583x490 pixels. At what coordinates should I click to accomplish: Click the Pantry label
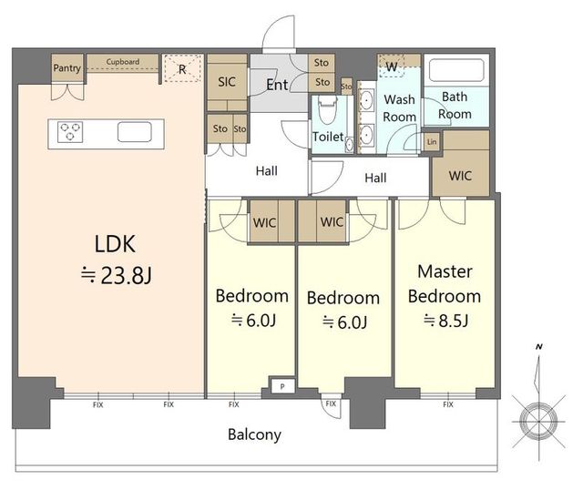pos(66,68)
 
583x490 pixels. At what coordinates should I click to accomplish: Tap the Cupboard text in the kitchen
pos(123,62)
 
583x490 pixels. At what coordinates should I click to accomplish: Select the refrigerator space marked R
pos(182,68)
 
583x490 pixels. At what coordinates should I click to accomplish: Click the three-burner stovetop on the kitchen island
pos(70,132)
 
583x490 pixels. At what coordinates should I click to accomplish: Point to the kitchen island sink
pos(135,132)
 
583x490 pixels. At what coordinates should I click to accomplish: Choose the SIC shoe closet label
pos(227,82)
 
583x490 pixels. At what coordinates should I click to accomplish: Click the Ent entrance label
pos(277,85)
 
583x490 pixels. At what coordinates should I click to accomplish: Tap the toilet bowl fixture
pos(328,110)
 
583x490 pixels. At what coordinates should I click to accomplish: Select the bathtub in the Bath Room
pos(456,70)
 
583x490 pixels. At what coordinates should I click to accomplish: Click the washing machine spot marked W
pos(391,66)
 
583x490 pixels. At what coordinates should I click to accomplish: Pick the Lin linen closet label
pos(432,142)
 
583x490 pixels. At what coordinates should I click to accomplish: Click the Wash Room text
pos(400,108)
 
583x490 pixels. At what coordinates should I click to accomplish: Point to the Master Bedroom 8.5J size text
pos(445,321)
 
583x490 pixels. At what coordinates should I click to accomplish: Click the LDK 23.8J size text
pos(116,275)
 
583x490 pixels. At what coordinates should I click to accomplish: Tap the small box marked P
pos(282,387)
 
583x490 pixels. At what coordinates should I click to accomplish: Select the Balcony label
pos(255,434)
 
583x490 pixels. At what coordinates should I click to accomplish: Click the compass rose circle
pos(538,421)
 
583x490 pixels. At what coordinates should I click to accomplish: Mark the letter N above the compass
pos(538,347)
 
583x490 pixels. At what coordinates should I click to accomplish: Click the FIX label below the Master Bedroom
pos(448,404)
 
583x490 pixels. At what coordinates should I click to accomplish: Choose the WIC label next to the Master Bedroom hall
pos(460,176)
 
